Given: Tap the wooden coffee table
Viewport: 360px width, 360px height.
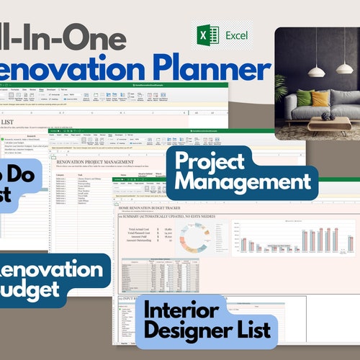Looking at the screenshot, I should [328, 124].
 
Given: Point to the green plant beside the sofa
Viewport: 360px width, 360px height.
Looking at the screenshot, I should [282, 101].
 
